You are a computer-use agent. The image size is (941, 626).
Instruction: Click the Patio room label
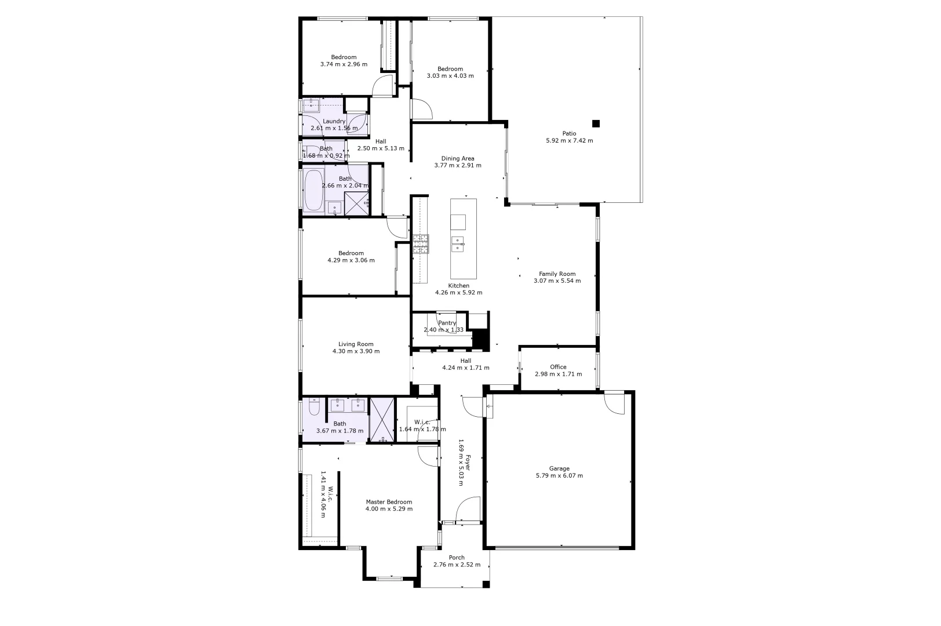(x=569, y=133)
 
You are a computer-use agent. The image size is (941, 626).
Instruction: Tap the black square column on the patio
(x=596, y=123)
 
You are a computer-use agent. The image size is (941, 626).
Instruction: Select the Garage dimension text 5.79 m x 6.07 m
(x=559, y=476)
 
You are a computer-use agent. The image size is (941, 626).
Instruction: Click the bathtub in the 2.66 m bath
(x=313, y=190)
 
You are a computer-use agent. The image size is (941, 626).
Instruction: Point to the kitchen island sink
(x=458, y=242)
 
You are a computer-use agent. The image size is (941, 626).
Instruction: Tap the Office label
(x=558, y=367)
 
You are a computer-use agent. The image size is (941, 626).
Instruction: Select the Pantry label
(x=447, y=323)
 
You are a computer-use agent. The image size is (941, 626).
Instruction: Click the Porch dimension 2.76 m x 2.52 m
(x=457, y=565)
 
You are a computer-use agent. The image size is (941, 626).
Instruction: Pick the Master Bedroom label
(x=389, y=502)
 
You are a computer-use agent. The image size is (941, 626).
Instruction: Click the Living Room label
(x=356, y=344)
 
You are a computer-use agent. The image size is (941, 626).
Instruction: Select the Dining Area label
(x=458, y=158)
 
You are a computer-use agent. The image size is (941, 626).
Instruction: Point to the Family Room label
(x=557, y=274)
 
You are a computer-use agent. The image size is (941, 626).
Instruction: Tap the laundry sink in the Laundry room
(x=312, y=105)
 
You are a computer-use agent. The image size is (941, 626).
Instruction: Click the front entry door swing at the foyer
(x=468, y=510)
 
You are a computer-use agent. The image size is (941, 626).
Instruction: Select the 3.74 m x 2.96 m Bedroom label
(x=344, y=57)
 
